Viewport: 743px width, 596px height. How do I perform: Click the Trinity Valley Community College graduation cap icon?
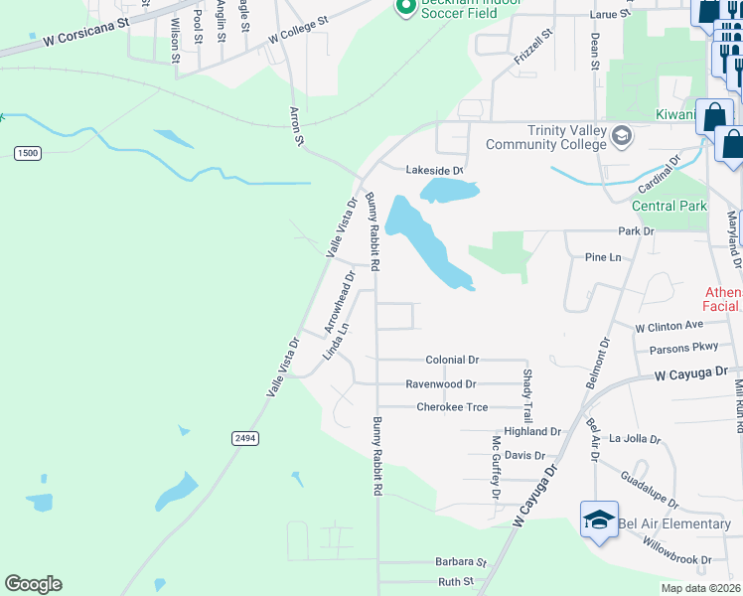tap(622, 135)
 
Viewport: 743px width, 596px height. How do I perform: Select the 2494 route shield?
tap(244, 437)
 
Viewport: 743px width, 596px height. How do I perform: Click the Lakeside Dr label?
tap(434, 171)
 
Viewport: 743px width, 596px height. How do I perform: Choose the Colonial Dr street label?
tap(452, 360)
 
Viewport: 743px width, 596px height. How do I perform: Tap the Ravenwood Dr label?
tap(441, 383)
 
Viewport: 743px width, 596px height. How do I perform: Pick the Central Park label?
tap(669, 207)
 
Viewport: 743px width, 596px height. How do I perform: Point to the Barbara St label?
tap(457, 561)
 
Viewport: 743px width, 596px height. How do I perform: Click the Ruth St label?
tap(457, 582)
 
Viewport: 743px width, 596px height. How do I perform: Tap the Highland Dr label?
tap(532, 432)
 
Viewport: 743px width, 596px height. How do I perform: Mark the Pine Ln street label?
tap(603, 257)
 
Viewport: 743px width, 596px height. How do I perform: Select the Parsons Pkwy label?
tap(682, 349)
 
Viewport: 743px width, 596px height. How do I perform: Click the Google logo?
tap(33, 584)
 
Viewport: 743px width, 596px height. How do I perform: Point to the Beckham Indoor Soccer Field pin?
tap(404, 8)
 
